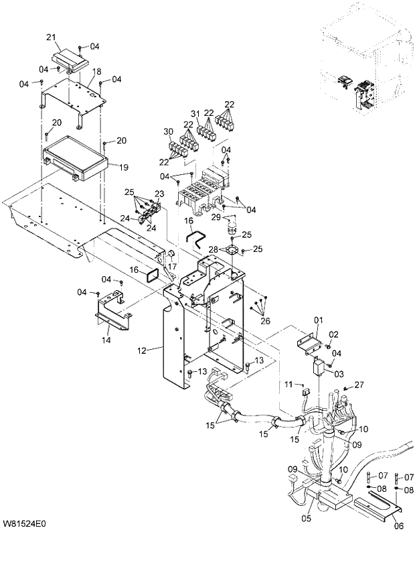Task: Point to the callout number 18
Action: point(96,71)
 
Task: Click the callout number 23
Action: point(159,194)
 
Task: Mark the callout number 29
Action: point(216,216)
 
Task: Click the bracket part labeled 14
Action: point(109,311)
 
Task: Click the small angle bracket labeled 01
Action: point(310,344)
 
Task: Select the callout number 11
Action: point(288,385)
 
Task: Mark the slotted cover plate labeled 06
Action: point(379,507)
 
